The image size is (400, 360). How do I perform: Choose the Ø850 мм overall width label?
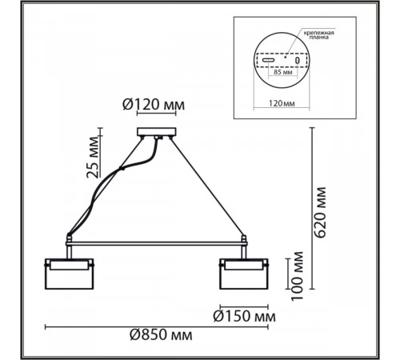[x=163, y=337]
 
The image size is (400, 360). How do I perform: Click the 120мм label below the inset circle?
[x=279, y=102]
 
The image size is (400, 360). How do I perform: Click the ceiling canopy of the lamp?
[x=157, y=133]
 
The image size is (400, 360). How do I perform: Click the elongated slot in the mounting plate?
[x=267, y=60]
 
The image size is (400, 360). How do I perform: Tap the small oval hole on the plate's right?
[x=296, y=60]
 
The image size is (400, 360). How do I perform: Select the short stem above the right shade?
[x=242, y=251]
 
